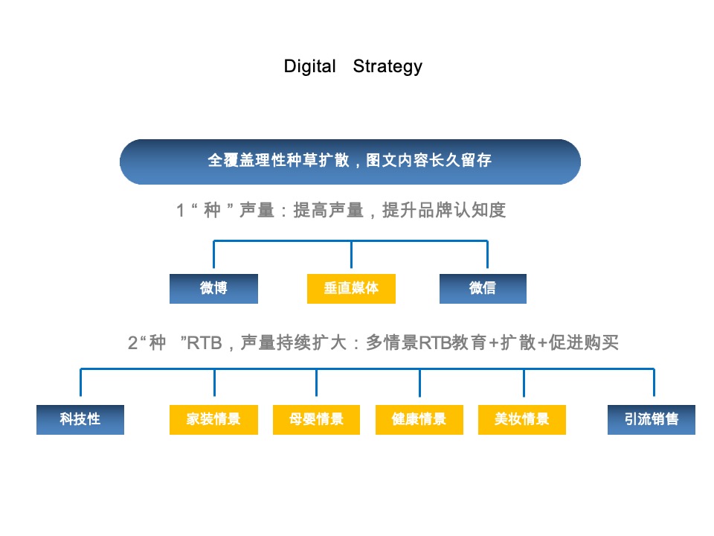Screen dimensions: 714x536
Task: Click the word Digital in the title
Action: pyautogui.click(x=309, y=66)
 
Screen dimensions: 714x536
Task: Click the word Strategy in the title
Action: pyautogui.click(x=387, y=66)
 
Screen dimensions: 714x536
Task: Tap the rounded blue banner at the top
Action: pyautogui.click(x=350, y=162)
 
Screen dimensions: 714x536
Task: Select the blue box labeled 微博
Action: pyautogui.click(x=213, y=289)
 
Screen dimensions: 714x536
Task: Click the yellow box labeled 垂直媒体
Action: pyautogui.click(x=351, y=289)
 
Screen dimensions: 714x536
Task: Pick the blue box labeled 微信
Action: pyautogui.click(x=483, y=289)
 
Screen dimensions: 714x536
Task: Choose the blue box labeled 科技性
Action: pyautogui.click(x=80, y=419)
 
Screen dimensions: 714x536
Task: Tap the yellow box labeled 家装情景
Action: pyautogui.click(x=213, y=419)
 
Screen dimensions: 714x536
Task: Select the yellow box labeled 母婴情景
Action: pyautogui.click(x=317, y=419)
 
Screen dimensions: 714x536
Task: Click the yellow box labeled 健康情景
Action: pyautogui.click(x=419, y=419)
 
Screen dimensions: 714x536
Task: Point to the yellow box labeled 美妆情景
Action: pyautogui.click(x=522, y=419)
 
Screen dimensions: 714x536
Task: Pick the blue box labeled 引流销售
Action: pyautogui.click(x=652, y=419)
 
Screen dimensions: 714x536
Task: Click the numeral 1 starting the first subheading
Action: pyautogui.click(x=180, y=211)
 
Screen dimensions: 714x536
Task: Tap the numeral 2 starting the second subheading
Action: pyautogui.click(x=132, y=342)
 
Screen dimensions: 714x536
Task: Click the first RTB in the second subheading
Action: pyautogui.click(x=205, y=342)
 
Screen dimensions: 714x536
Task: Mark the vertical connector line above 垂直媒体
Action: pyautogui.click(x=351, y=255)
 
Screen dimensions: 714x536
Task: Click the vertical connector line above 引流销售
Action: pyautogui.click(x=654, y=383)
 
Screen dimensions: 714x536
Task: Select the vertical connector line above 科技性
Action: pyautogui.click(x=80, y=383)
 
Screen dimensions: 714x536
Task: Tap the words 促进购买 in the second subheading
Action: pyautogui.click(x=584, y=342)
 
